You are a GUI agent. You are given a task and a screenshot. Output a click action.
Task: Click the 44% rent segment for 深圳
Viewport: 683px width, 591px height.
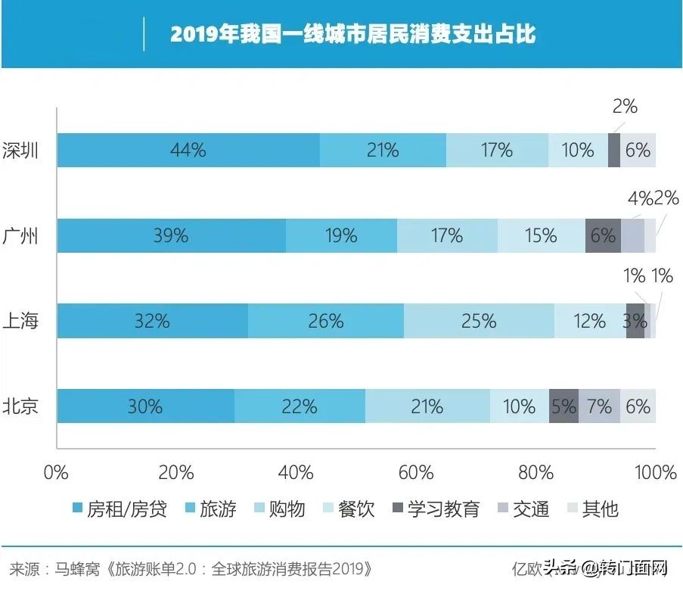pyautogui.click(x=188, y=151)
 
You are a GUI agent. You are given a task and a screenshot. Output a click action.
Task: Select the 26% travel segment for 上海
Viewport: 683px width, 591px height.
pyautogui.click(x=325, y=321)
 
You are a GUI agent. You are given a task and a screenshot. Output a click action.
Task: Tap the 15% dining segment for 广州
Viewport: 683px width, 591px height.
pyautogui.click(x=541, y=235)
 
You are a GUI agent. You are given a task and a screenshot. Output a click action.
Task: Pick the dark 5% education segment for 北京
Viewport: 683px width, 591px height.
pyautogui.click(x=563, y=406)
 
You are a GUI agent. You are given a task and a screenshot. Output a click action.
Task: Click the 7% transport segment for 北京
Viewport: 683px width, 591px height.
pyautogui.click(x=599, y=406)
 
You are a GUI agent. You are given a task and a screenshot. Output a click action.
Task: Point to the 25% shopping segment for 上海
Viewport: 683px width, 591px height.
pyautogui.click(x=478, y=321)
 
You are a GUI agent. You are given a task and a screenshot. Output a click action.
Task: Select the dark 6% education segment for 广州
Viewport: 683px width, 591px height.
pyautogui.click(x=603, y=235)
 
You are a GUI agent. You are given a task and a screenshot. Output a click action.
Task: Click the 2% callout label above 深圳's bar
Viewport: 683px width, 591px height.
pyautogui.click(x=625, y=107)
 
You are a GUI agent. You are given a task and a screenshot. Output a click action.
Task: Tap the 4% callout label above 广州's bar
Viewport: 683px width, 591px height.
pyautogui.click(x=640, y=198)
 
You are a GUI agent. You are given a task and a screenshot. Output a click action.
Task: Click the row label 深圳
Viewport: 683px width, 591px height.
pyautogui.click(x=20, y=151)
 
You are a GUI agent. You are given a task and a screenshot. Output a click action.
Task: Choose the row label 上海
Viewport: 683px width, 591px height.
pyautogui.click(x=20, y=321)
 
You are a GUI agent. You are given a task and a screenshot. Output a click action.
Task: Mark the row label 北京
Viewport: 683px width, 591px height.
pyautogui.click(x=20, y=406)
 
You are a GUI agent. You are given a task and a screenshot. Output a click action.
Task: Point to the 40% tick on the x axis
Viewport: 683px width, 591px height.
pyautogui.click(x=296, y=473)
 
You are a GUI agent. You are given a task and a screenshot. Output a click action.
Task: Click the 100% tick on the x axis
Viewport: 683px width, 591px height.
pyautogui.click(x=655, y=473)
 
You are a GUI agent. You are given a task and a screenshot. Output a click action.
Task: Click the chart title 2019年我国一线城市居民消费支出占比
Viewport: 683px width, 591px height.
pyautogui.click(x=352, y=35)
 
